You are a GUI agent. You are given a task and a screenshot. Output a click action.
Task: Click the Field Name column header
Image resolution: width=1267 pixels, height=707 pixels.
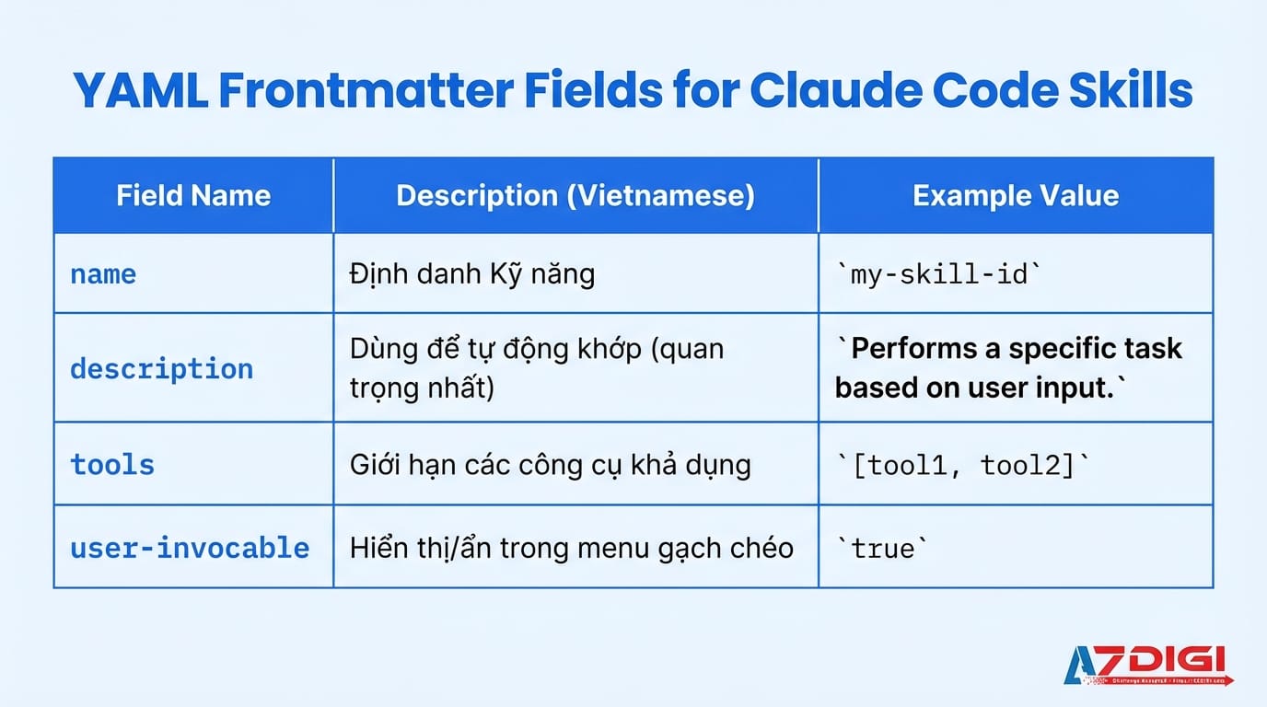(x=193, y=195)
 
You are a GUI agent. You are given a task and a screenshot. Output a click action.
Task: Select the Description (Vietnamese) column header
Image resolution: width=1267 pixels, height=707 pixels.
(x=575, y=195)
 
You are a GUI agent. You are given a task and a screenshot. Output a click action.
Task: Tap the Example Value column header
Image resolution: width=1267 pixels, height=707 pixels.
(x=1016, y=195)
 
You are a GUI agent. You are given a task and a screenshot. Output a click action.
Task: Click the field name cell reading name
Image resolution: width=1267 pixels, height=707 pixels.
(x=103, y=274)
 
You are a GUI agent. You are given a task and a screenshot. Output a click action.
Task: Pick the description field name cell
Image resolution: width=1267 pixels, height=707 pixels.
(x=161, y=368)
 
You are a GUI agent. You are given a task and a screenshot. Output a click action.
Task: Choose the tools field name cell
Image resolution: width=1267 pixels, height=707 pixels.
(x=112, y=464)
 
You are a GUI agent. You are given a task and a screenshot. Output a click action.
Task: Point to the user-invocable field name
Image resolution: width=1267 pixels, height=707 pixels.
(x=190, y=548)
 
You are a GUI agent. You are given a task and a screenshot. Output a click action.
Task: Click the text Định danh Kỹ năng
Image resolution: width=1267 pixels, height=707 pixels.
(x=471, y=273)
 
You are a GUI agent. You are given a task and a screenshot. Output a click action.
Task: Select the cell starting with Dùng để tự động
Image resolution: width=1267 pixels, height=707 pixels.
(x=536, y=367)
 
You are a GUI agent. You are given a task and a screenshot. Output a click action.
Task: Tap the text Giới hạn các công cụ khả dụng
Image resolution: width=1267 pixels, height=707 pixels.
(x=550, y=464)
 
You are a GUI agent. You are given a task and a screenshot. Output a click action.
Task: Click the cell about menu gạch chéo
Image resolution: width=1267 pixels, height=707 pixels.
(x=571, y=548)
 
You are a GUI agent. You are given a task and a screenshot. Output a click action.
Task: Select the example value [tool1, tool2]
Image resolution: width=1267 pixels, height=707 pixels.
(x=962, y=465)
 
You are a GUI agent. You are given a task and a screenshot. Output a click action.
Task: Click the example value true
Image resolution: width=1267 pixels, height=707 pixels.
(x=883, y=549)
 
